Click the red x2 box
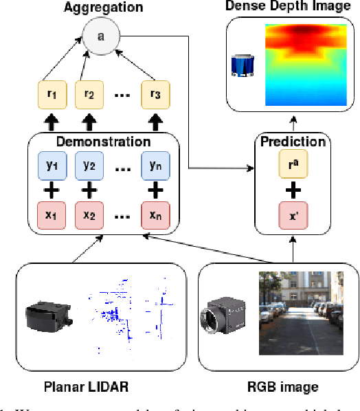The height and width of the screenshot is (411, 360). point(89,214)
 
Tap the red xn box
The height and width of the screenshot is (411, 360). point(155,214)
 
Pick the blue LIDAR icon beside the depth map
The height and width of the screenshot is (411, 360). point(243,65)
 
